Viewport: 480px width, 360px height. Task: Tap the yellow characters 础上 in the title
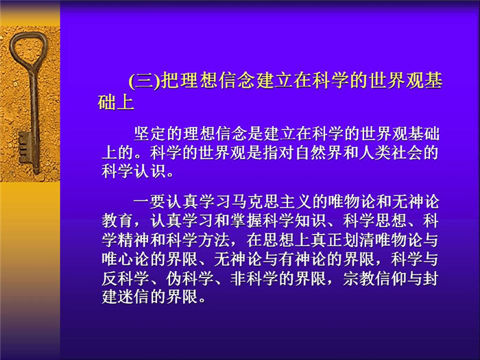point(116,102)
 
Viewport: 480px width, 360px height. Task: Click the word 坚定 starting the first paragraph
point(150,134)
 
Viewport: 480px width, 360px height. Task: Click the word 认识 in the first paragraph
point(150,171)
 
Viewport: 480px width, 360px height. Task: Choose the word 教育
point(118,221)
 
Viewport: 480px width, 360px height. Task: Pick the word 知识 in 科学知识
point(311,221)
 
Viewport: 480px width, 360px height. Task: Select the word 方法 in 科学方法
point(214,240)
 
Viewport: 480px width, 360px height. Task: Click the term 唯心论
point(126,259)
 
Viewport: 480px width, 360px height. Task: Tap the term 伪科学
point(190,278)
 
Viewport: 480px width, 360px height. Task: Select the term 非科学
point(254,278)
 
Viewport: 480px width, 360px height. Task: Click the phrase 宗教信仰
point(375,278)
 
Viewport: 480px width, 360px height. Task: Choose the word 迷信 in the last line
point(134,297)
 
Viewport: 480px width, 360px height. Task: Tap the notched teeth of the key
point(25,147)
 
